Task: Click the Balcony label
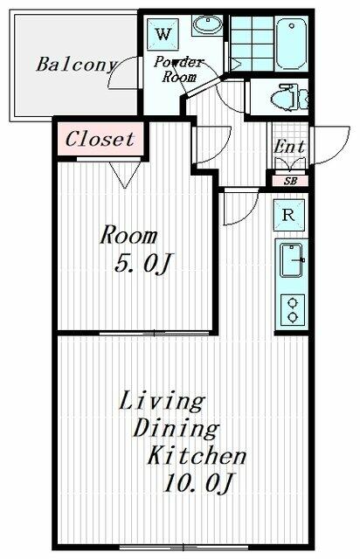pyautogui.click(x=76, y=64)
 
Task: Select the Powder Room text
pyautogui.click(x=179, y=69)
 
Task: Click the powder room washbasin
pyautogui.click(x=208, y=25)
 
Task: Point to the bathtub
pyautogui.click(x=290, y=39)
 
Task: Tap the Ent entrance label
pyautogui.click(x=289, y=147)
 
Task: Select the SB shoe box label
pyautogui.click(x=289, y=181)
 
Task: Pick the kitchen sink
pyautogui.click(x=290, y=260)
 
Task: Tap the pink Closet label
pyautogui.click(x=100, y=139)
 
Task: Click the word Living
pyautogui.click(x=162, y=402)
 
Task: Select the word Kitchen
pyautogui.click(x=196, y=456)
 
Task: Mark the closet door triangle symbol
pyautogui.click(x=123, y=178)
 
